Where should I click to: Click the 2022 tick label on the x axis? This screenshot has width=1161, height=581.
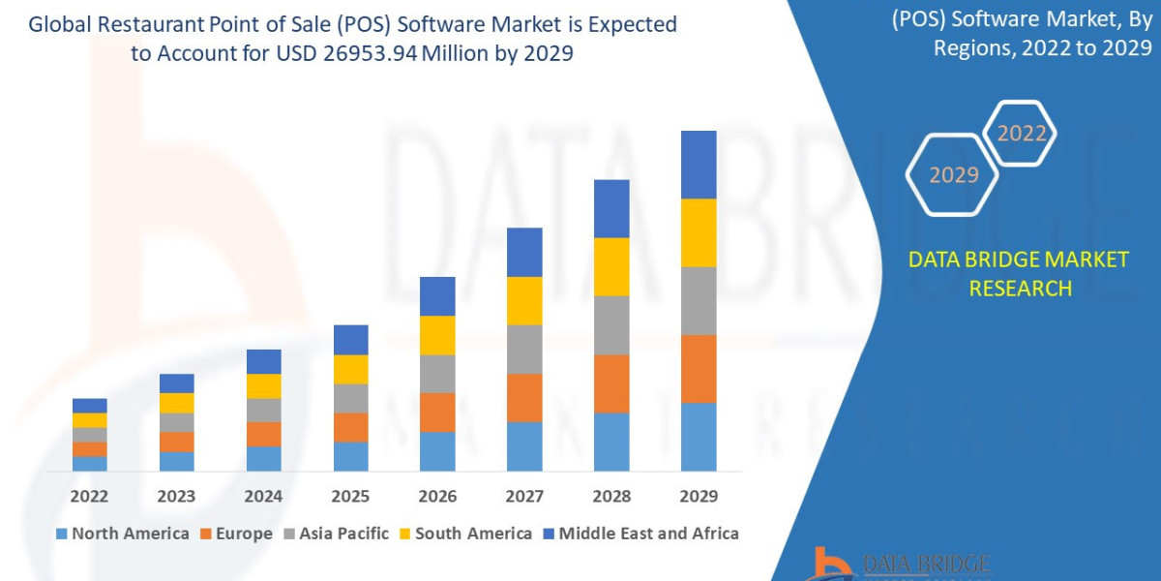point(89,496)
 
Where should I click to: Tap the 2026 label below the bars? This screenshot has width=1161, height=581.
point(437,496)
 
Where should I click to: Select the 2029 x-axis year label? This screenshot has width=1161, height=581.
point(699,496)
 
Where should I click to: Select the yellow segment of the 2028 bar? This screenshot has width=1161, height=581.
point(611,266)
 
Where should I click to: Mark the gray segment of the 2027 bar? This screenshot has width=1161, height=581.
point(524,349)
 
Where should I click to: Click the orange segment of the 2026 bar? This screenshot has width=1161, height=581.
point(437,413)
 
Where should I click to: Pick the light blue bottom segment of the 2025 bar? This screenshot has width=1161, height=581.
point(350,456)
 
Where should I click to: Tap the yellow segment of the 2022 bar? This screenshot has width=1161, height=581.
point(89,420)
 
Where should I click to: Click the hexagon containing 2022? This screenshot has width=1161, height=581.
point(1020,134)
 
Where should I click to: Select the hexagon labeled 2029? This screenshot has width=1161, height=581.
point(953,175)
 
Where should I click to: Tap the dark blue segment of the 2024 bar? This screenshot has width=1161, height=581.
point(263,361)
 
